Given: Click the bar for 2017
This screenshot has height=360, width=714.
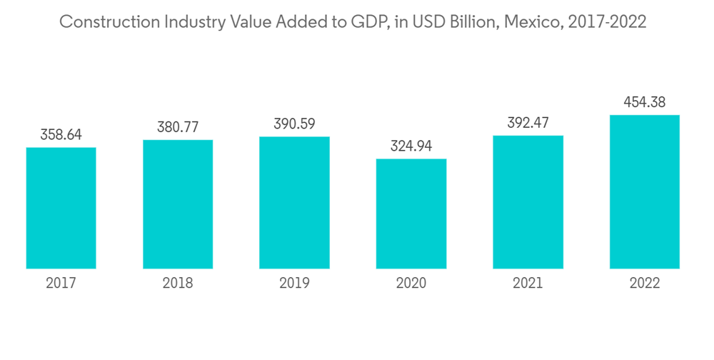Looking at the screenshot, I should pyautogui.click(x=61, y=208).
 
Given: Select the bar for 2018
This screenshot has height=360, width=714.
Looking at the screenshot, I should pyautogui.click(x=178, y=204).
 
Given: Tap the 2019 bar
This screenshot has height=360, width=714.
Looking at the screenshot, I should pyautogui.click(x=294, y=202).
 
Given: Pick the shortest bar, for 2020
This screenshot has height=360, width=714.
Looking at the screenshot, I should pyautogui.click(x=411, y=214).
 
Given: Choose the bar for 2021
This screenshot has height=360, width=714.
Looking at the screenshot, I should pyautogui.click(x=528, y=202).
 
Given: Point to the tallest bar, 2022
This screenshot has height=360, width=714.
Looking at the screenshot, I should pyautogui.click(x=644, y=191).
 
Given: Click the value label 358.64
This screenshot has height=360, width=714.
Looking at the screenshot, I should pyautogui.click(x=61, y=134).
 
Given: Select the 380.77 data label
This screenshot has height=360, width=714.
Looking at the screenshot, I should pyautogui.click(x=178, y=127).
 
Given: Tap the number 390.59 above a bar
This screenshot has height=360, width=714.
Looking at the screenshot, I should pyautogui.click(x=294, y=124).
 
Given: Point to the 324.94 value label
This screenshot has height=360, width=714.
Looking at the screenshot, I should pyautogui.click(x=411, y=146).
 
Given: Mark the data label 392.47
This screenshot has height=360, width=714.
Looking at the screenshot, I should pyautogui.click(x=528, y=123).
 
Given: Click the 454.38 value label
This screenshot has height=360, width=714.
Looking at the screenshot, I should pyautogui.click(x=644, y=102).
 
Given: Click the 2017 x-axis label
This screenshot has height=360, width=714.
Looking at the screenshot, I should pyautogui.click(x=61, y=284).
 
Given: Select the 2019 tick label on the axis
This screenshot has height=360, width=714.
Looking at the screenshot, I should pyautogui.click(x=294, y=284).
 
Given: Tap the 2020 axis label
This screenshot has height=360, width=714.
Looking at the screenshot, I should pyautogui.click(x=411, y=284).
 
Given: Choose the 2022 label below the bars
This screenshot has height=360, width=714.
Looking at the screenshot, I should pyautogui.click(x=644, y=284).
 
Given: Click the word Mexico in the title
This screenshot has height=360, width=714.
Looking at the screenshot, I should pyautogui.click(x=532, y=22).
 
